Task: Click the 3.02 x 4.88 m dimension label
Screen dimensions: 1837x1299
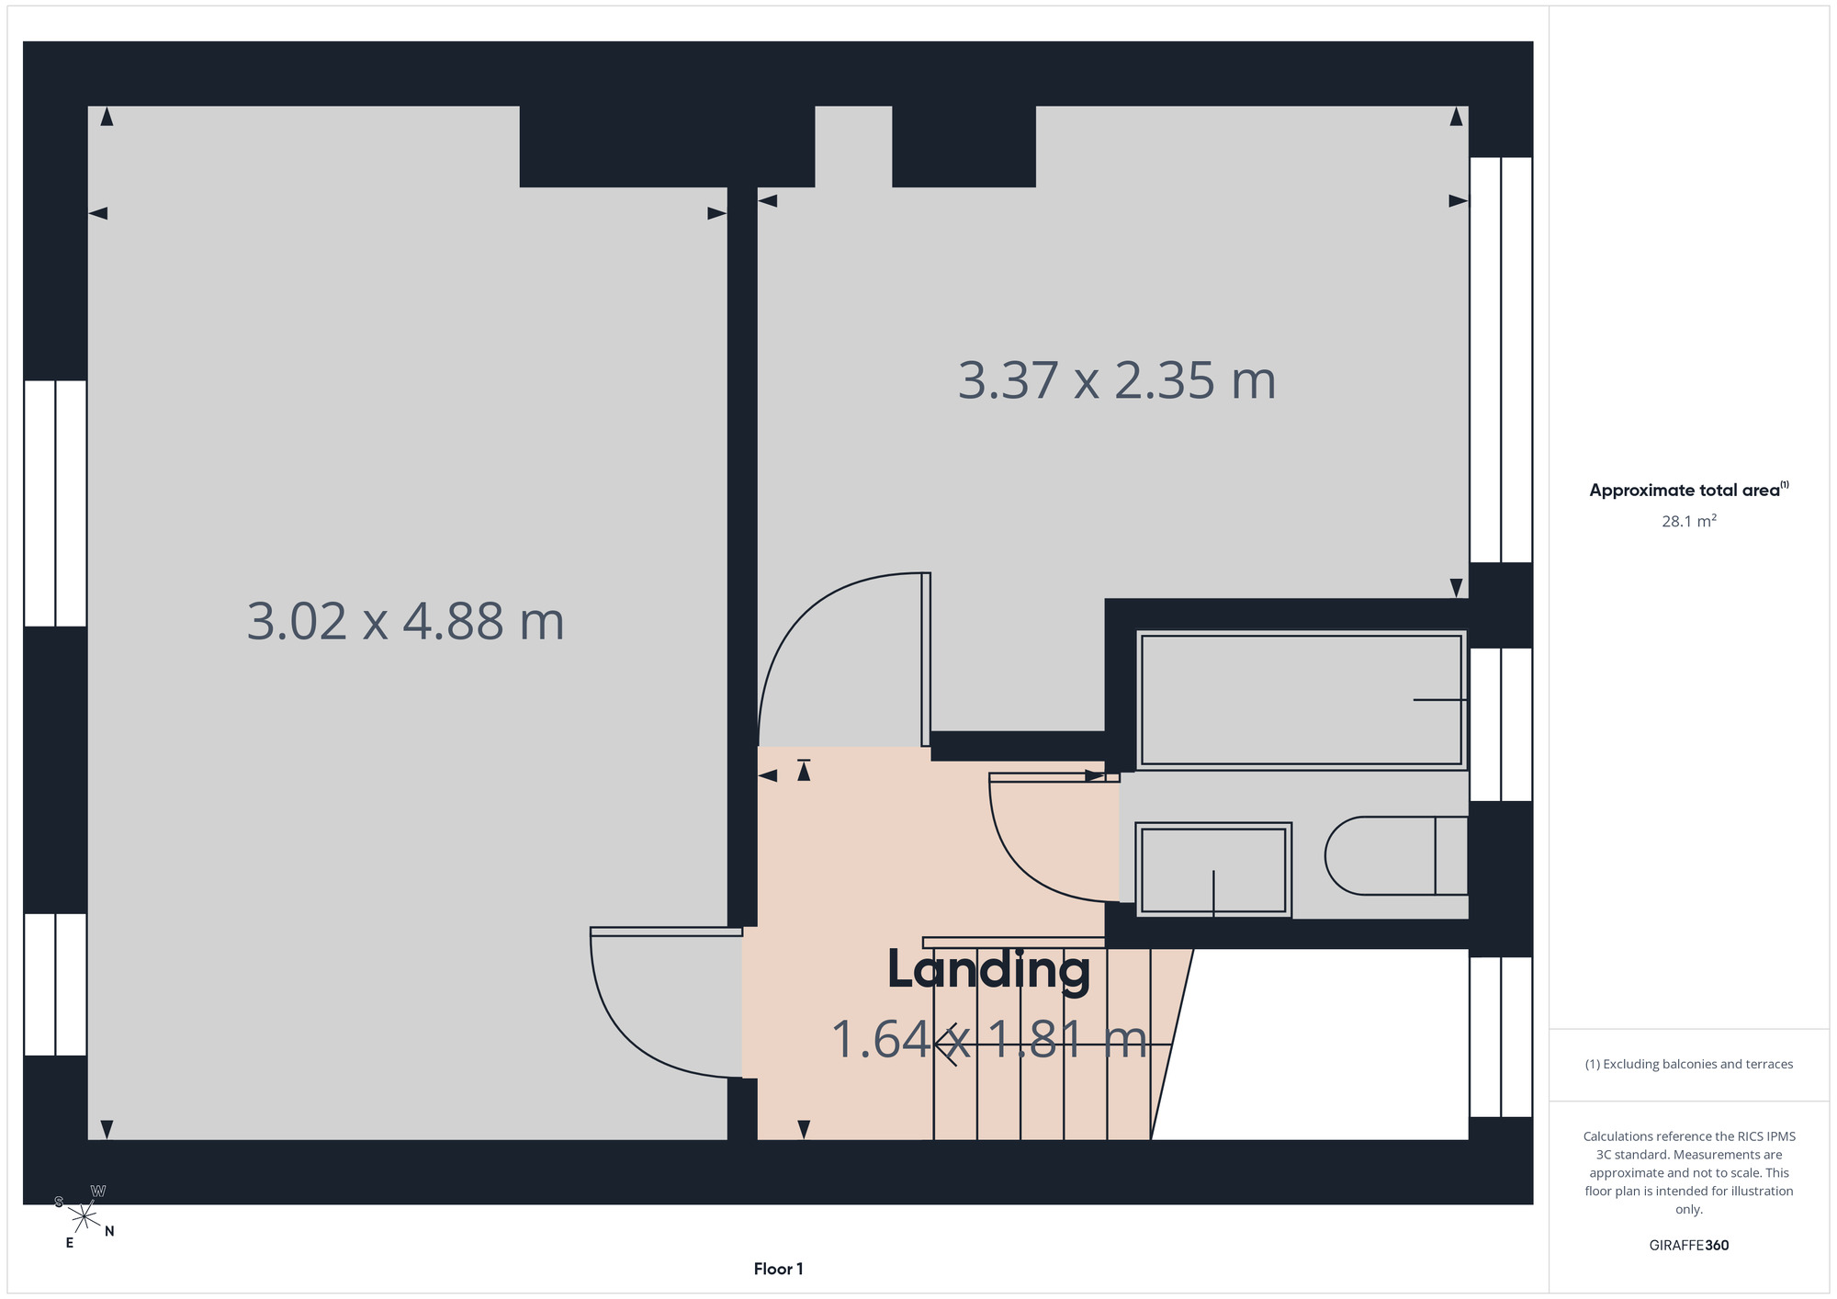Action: click(x=405, y=621)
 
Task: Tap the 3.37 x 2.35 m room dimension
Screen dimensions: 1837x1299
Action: click(x=1117, y=380)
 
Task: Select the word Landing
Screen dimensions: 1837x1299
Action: click(x=988, y=970)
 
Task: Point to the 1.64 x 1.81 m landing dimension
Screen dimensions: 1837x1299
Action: click(x=989, y=1040)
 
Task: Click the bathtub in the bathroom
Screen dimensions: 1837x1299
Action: click(x=1301, y=700)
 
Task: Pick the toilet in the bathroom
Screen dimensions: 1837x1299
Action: click(x=1395, y=855)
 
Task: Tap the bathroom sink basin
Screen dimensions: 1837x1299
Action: click(x=1213, y=870)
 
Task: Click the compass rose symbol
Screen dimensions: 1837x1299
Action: click(x=84, y=1217)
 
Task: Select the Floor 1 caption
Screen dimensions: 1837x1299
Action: click(x=778, y=1269)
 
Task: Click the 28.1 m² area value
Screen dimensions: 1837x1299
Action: click(x=1688, y=521)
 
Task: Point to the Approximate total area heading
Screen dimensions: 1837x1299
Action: click(x=1688, y=490)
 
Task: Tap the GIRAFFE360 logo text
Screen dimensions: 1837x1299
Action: click(x=1688, y=1246)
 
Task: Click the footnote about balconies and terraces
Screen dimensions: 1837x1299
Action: click(x=1688, y=1064)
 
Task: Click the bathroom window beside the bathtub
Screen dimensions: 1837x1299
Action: click(x=1501, y=725)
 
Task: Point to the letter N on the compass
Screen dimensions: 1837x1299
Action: click(x=109, y=1231)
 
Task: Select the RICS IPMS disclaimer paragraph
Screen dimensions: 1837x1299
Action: click(x=1688, y=1172)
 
